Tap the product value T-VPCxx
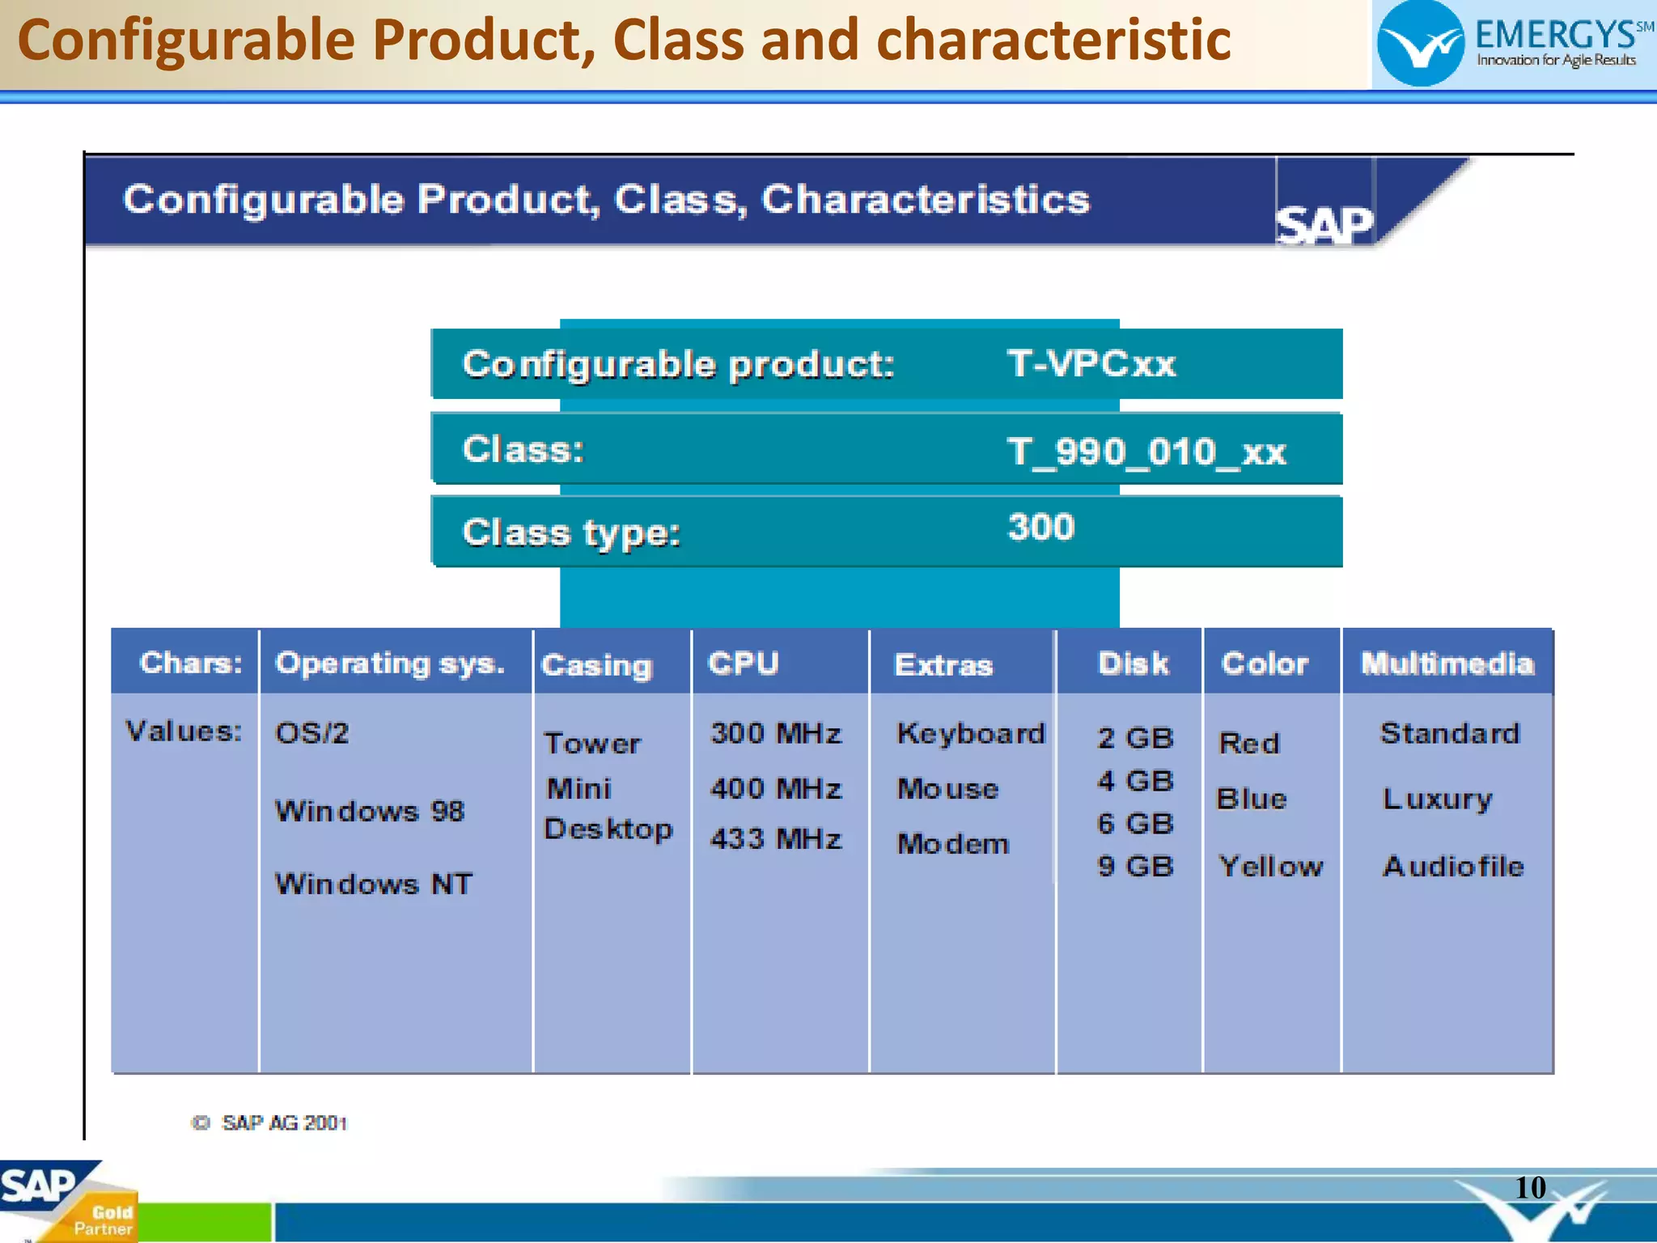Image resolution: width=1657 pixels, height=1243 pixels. click(1091, 363)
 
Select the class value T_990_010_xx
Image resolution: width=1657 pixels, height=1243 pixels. click(1146, 452)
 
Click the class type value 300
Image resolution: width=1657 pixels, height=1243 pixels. click(1040, 528)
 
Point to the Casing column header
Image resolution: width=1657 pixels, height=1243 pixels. click(597, 665)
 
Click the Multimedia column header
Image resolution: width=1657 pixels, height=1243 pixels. click(1447, 664)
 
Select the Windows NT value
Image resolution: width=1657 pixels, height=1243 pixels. click(373, 884)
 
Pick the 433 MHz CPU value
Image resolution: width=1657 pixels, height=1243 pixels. click(776, 838)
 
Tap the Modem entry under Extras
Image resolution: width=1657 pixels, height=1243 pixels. click(953, 844)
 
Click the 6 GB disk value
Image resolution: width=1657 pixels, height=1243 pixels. click(1135, 824)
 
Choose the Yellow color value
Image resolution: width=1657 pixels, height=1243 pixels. click(1270, 867)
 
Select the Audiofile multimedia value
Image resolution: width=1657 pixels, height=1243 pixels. click(1453, 867)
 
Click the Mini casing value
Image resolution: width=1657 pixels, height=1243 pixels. click(578, 788)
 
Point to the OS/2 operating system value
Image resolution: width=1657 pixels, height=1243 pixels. click(311, 733)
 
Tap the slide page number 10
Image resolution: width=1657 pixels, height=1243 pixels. click(1529, 1188)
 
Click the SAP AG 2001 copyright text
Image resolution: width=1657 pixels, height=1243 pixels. click(270, 1123)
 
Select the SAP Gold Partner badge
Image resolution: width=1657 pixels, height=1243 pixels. click(69, 1201)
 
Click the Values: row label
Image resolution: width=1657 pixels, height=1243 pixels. click(184, 732)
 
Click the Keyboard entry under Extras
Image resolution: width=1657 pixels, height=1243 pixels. click(971, 733)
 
